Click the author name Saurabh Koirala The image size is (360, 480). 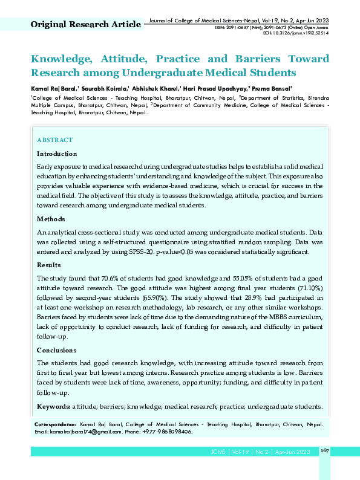tap(103, 88)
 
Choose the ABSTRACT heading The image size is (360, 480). tap(54, 140)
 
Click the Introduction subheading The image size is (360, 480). tap(57, 154)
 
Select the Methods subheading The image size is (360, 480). tap(51, 219)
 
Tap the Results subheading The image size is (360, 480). tap(49, 265)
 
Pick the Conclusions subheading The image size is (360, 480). tap(57, 350)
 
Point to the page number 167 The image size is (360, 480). tap(324, 451)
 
